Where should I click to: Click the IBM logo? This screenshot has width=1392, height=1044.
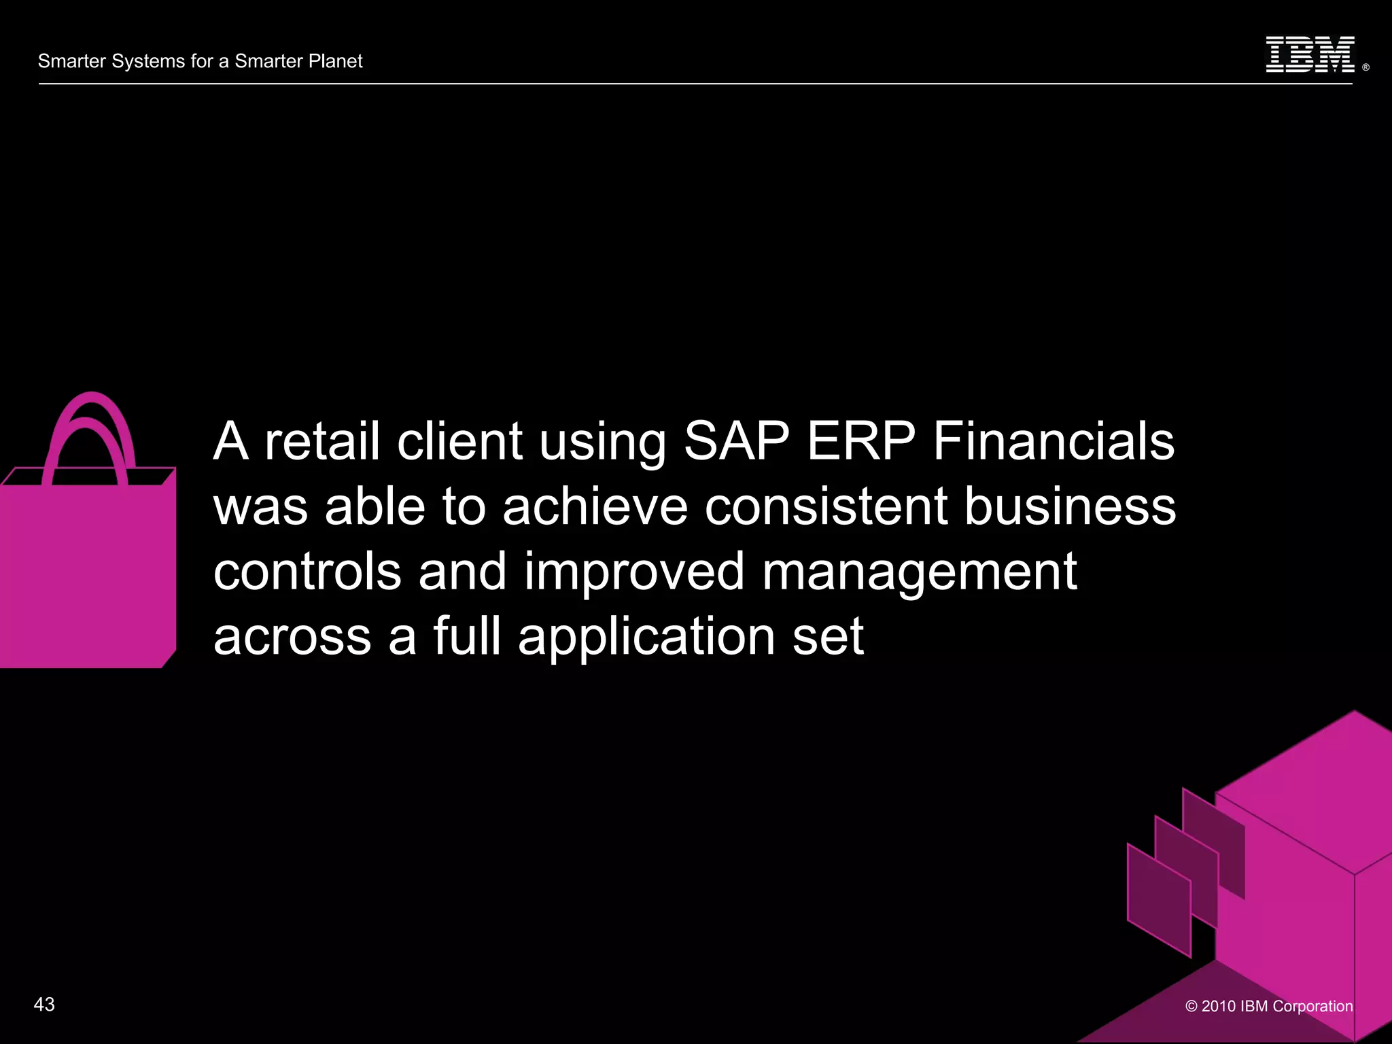[x=1310, y=55]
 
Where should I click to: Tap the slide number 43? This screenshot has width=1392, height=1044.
[x=44, y=1005]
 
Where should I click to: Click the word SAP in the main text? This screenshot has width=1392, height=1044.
[x=736, y=441]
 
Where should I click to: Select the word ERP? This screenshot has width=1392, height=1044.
[x=861, y=441]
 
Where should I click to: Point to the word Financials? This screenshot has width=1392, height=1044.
[x=1054, y=441]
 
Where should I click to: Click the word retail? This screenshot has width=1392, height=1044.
[x=321, y=441]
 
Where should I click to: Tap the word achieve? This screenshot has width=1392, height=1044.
[x=595, y=506]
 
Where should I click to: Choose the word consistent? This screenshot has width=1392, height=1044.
[x=826, y=506]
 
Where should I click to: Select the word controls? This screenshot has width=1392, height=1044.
[x=307, y=572]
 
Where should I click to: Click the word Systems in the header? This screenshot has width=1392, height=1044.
[x=148, y=61]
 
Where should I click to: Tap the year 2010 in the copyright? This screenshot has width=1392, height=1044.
[x=1218, y=1006]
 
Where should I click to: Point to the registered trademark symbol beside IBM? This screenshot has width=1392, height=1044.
[x=1365, y=67]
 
